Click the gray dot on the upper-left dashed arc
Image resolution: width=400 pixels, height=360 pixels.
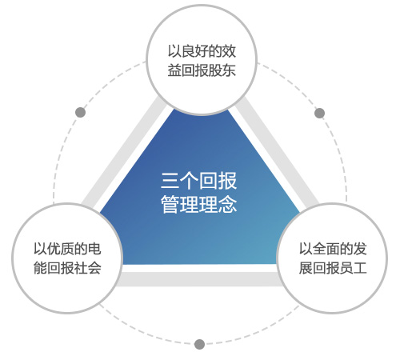(81, 112)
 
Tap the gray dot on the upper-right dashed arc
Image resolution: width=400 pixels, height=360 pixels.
(319, 113)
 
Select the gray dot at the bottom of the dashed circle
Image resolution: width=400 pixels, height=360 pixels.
(199, 344)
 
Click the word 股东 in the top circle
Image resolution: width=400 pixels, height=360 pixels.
(222, 70)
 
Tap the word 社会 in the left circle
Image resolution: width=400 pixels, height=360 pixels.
(88, 268)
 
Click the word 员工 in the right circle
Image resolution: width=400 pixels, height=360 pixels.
(353, 268)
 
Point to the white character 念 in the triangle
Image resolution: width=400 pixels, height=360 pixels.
(227, 204)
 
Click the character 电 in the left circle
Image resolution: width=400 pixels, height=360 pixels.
(94, 249)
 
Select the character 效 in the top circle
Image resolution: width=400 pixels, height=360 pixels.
(229, 51)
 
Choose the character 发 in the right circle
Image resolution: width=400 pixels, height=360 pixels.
(360, 249)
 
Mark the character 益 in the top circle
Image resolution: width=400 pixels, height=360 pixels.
(174, 70)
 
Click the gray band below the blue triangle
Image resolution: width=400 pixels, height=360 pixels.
(199, 279)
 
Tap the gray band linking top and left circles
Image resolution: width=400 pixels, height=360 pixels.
(123, 152)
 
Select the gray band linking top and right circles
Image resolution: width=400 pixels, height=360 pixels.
(278, 152)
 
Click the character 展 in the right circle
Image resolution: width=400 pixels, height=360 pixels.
(306, 268)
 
